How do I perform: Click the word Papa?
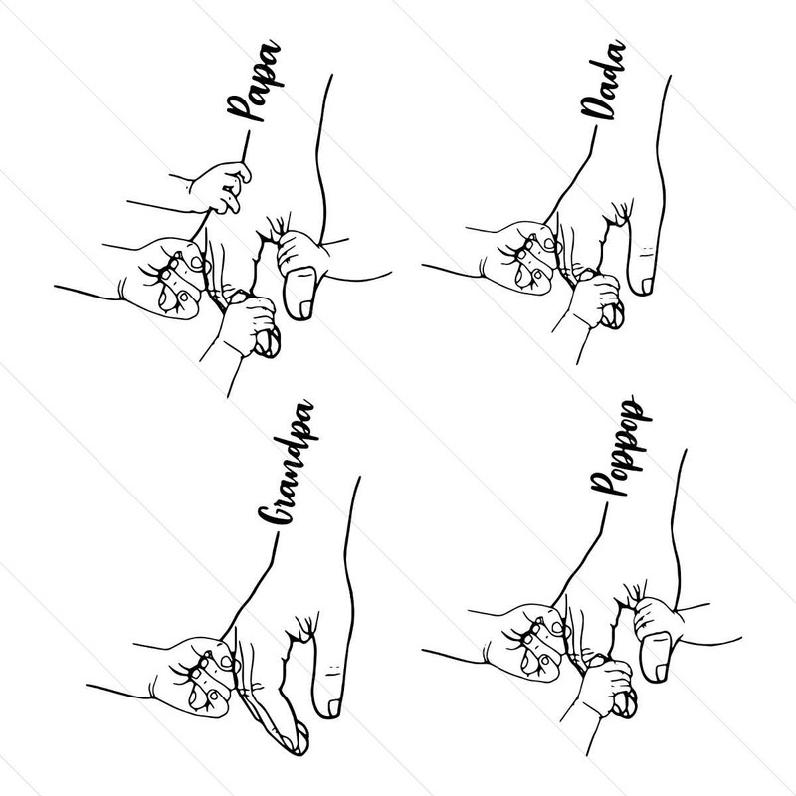pyautogui.click(x=253, y=91)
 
